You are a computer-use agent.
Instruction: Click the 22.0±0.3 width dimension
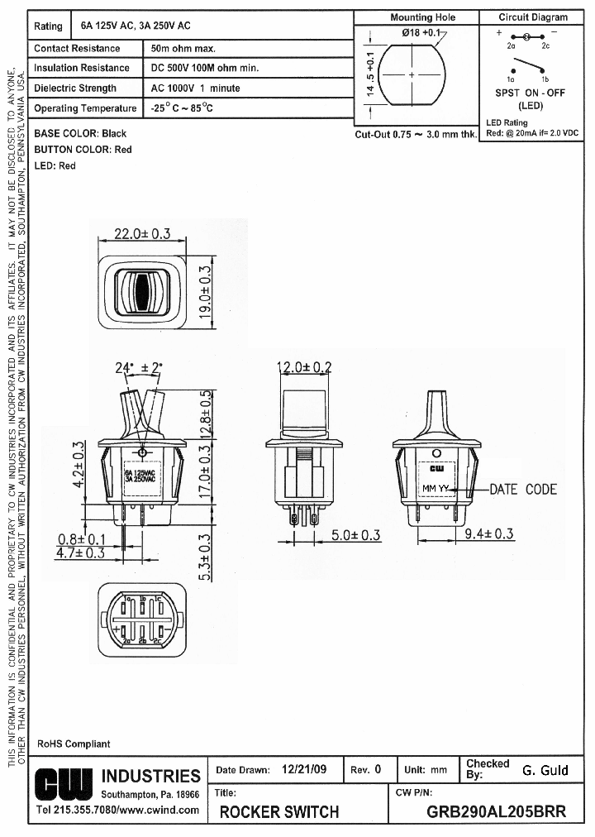pos(141,233)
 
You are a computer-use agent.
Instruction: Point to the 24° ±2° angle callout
pos(139,367)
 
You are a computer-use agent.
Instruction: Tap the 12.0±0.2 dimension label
pos(303,367)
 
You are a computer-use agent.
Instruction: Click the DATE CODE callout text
pos(523,489)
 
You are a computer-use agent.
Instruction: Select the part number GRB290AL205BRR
pos(496,811)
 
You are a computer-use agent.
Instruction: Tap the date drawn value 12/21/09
pos(304,769)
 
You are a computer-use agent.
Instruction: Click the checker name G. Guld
pos(545,770)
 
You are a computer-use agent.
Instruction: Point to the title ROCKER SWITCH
pos(279,811)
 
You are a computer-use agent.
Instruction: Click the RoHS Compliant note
pos(74,744)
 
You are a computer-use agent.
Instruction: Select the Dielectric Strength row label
pos(75,88)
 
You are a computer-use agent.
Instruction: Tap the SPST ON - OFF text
pos(530,93)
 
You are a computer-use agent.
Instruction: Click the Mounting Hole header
pos(422,17)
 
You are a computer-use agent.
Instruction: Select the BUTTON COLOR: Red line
pos(83,150)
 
